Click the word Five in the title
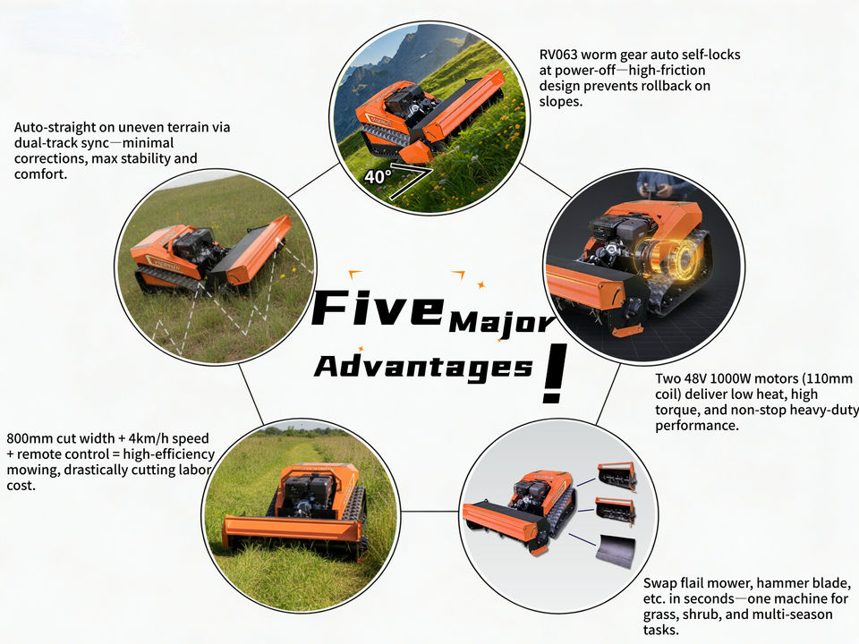tap(378, 309)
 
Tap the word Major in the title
tap(502, 323)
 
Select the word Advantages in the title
tap(423, 367)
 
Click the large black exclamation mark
tap(554, 374)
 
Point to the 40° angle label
tap(378, 177)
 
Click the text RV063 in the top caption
tap(558, 55)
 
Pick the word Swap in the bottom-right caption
tap(659, 584)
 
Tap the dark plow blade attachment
tap(616, 550)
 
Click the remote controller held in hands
tap(651, 189)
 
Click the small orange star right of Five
tap(481, 284)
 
